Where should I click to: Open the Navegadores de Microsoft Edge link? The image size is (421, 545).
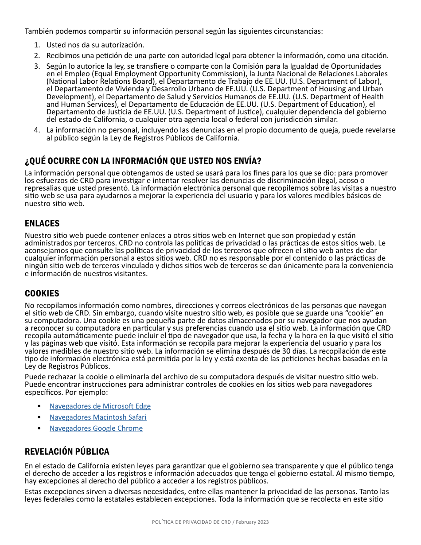(x=100, y=406)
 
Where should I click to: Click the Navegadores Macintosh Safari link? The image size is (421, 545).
(x=97, y=417)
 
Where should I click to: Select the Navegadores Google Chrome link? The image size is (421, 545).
(x=96, y=428)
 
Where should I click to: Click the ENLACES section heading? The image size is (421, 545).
(x=42, y=223)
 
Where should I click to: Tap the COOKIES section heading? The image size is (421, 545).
(x=42, y=293)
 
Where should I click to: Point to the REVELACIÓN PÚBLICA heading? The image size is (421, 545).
(x=67, y=452)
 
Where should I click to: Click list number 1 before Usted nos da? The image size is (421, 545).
(x=37, y=45)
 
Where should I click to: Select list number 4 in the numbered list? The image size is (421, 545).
(x=37, y=130)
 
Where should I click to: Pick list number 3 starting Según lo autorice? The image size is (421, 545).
(x=37, y=66)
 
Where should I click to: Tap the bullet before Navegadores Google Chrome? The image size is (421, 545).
(x=40, y=428)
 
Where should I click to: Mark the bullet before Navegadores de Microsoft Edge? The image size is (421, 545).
(x=40, y=406)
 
